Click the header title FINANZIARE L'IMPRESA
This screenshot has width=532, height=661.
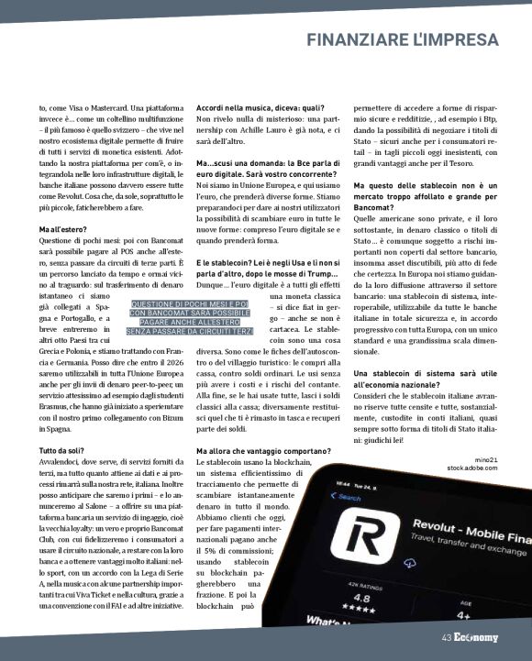pos(403,40)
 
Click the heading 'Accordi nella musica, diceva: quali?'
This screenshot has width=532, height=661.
pos(255,107)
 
